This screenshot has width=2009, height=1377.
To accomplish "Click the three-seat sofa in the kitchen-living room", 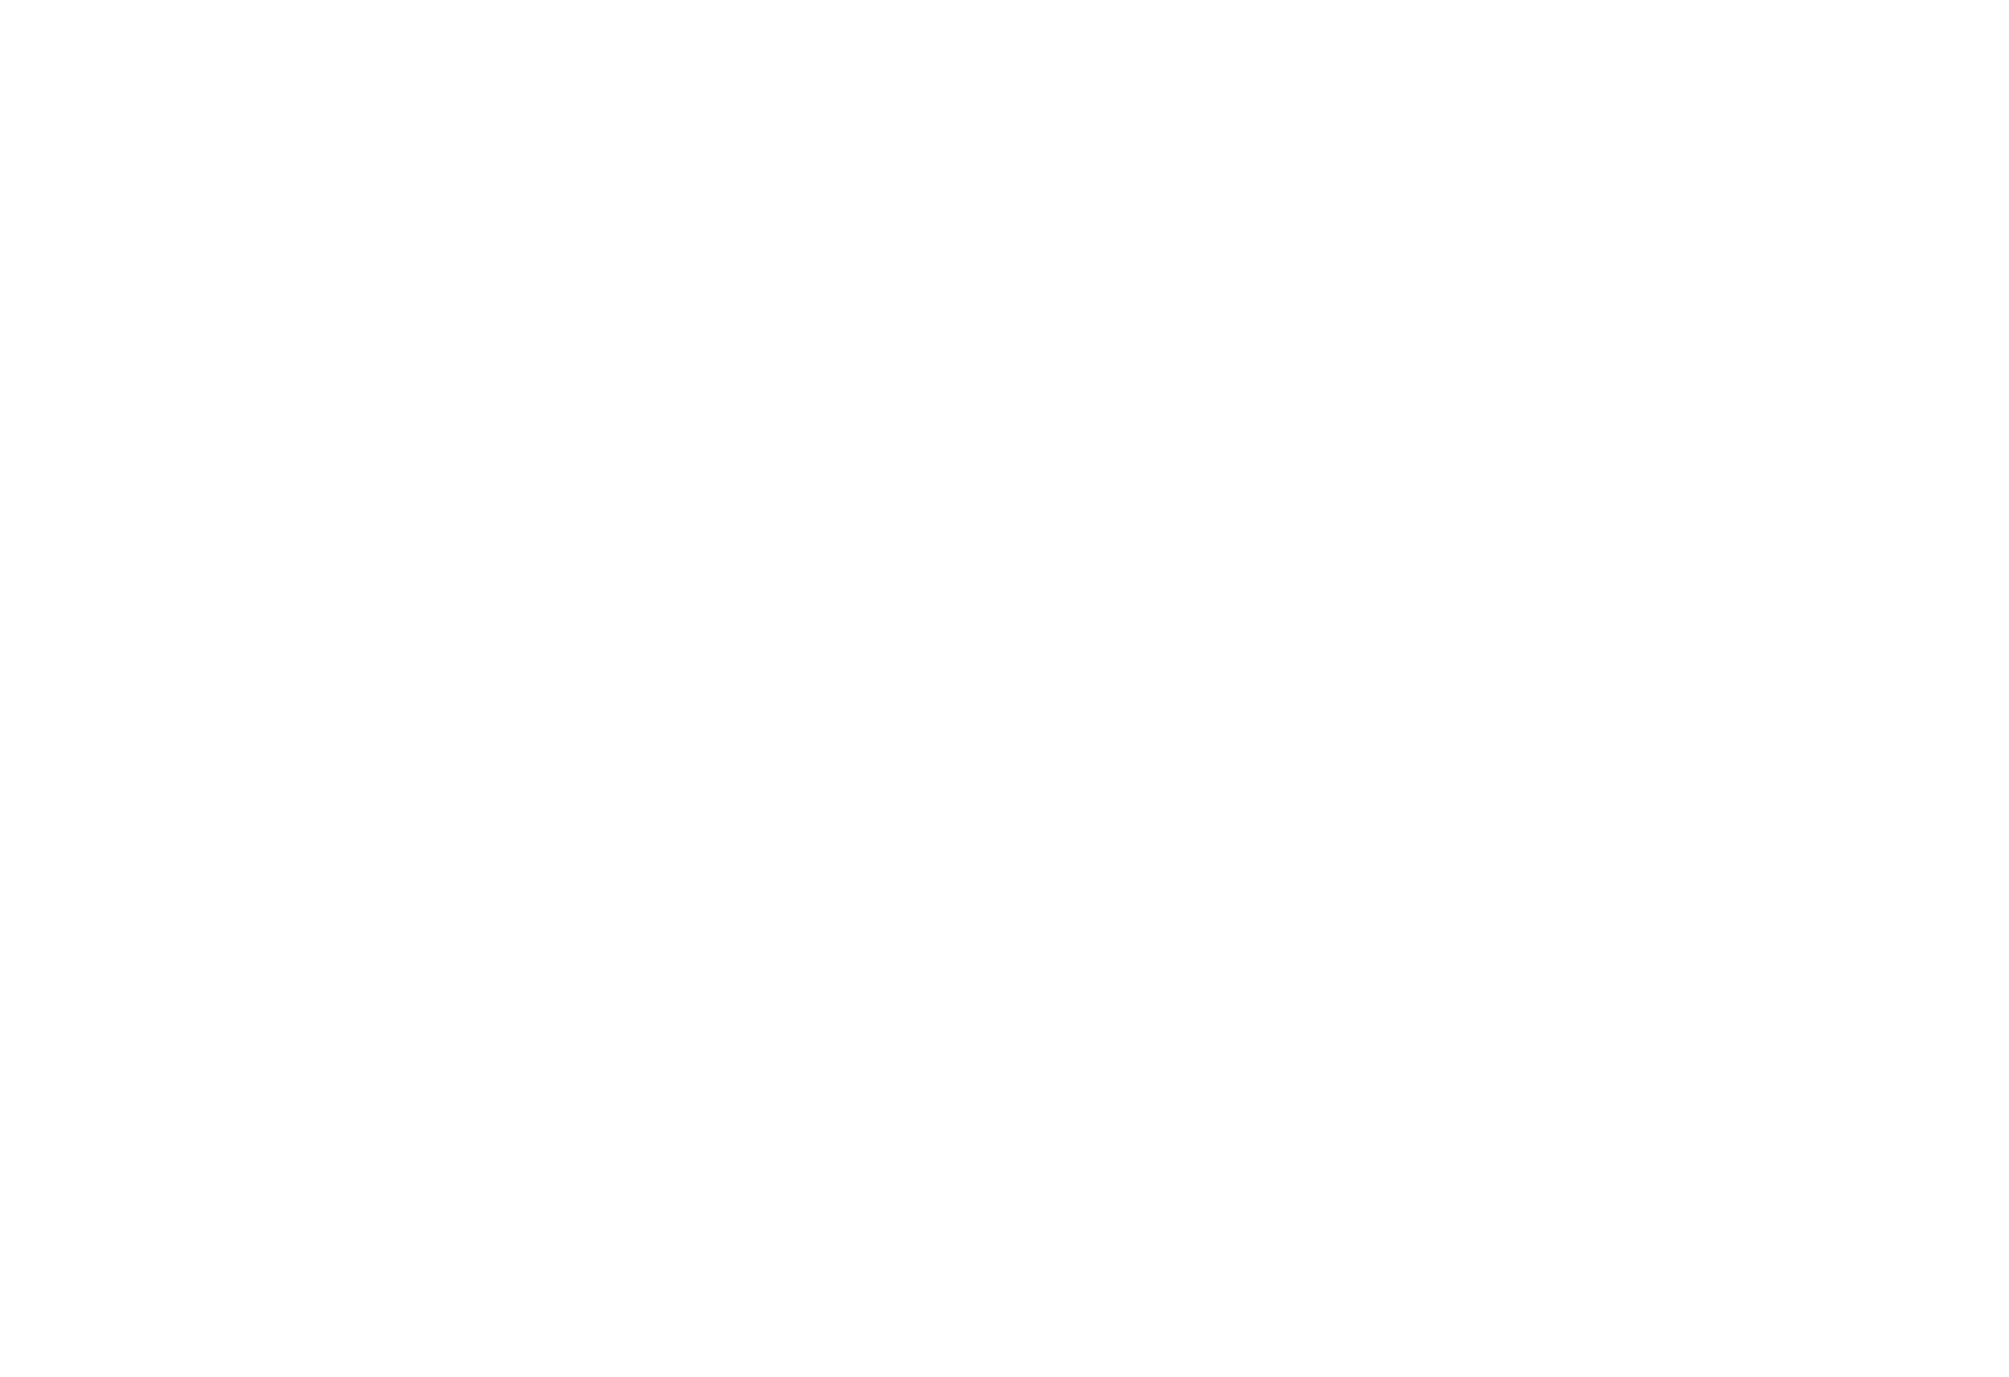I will pyautogui.click(x=1641, y=959).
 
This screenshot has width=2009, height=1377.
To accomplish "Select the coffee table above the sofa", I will pyautogui.click(x=1640, y=865).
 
